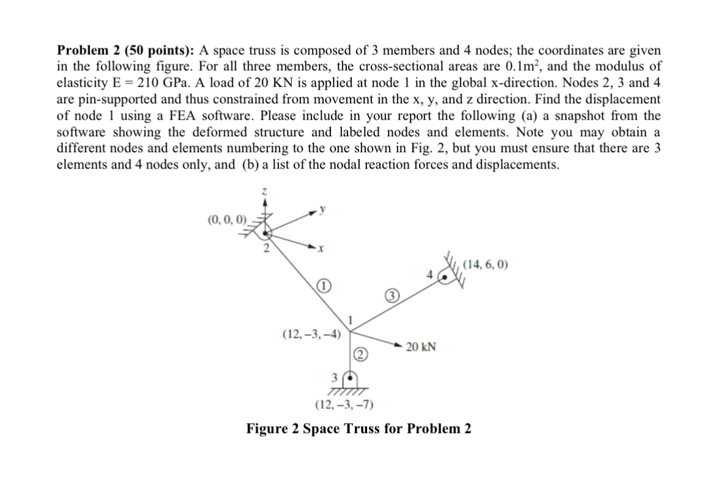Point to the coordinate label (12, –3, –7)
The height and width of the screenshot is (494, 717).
tap(344, 404)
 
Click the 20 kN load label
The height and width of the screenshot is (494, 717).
tap(421, 347)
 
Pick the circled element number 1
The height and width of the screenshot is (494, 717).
tap(324, 287)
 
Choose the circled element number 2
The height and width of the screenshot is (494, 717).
tap(361, 355)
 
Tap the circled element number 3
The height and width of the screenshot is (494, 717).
tap(393, 297)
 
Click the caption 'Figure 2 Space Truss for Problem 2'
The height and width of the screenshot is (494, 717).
tap(358, 428)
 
